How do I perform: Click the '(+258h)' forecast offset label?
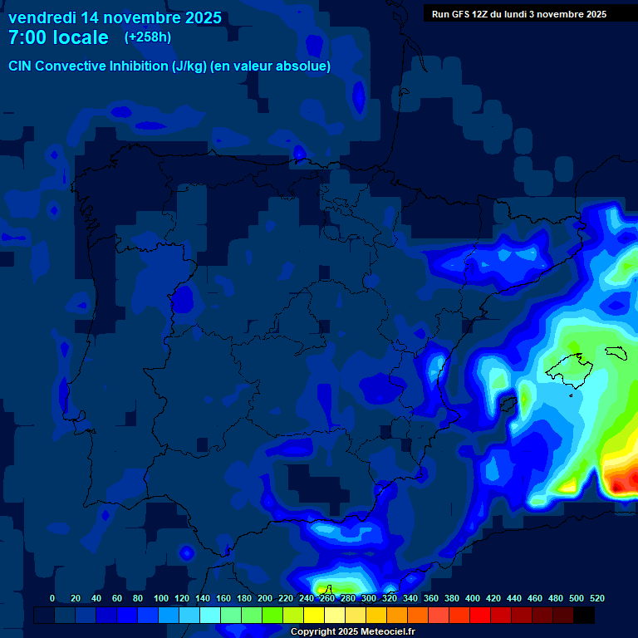tap(148, 37)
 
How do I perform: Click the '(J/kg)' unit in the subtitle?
tap(190, 66)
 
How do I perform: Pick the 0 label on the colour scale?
tap(52, 598)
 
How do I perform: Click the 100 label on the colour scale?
tap(161, 598)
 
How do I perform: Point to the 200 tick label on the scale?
tap(265, 598)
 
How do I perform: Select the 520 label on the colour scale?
tap(597, 598)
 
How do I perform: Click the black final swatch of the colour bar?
tap(584, 615)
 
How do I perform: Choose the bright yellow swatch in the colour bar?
tap(314, 615)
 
